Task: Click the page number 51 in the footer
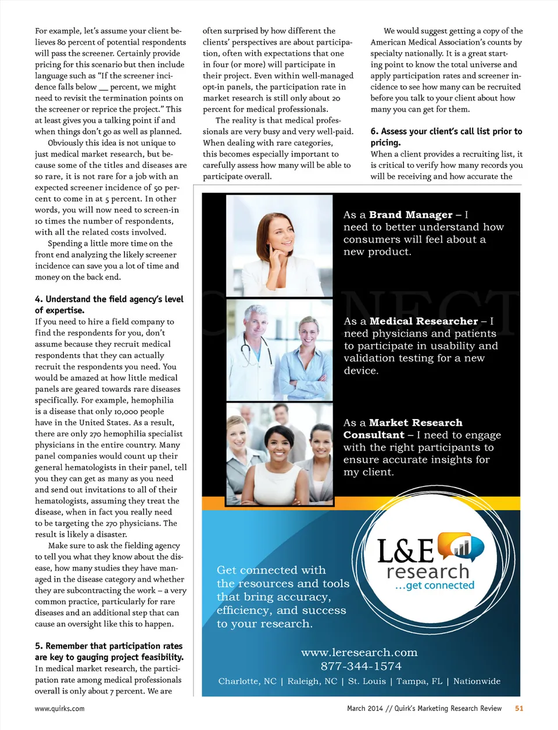point(519,708)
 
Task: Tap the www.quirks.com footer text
point(60,709)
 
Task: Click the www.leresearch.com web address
point(359,653)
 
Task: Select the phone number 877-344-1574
point(361,667)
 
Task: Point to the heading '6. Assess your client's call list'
point(446,132)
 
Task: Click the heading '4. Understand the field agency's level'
point(109,299)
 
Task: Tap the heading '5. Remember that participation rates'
point(109,646)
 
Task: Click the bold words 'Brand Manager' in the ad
point(410,215)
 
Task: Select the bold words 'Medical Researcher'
point(424,321)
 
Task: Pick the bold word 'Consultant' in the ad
point(374,435)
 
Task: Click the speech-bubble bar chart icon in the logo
point(460,547)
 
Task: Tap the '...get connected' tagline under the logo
point(435,585)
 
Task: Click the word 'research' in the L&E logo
point(428,571)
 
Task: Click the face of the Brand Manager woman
point(276,232)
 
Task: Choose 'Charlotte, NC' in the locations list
point(247,682)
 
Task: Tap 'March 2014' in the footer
point(365,708)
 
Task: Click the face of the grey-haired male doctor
point(256,323)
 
